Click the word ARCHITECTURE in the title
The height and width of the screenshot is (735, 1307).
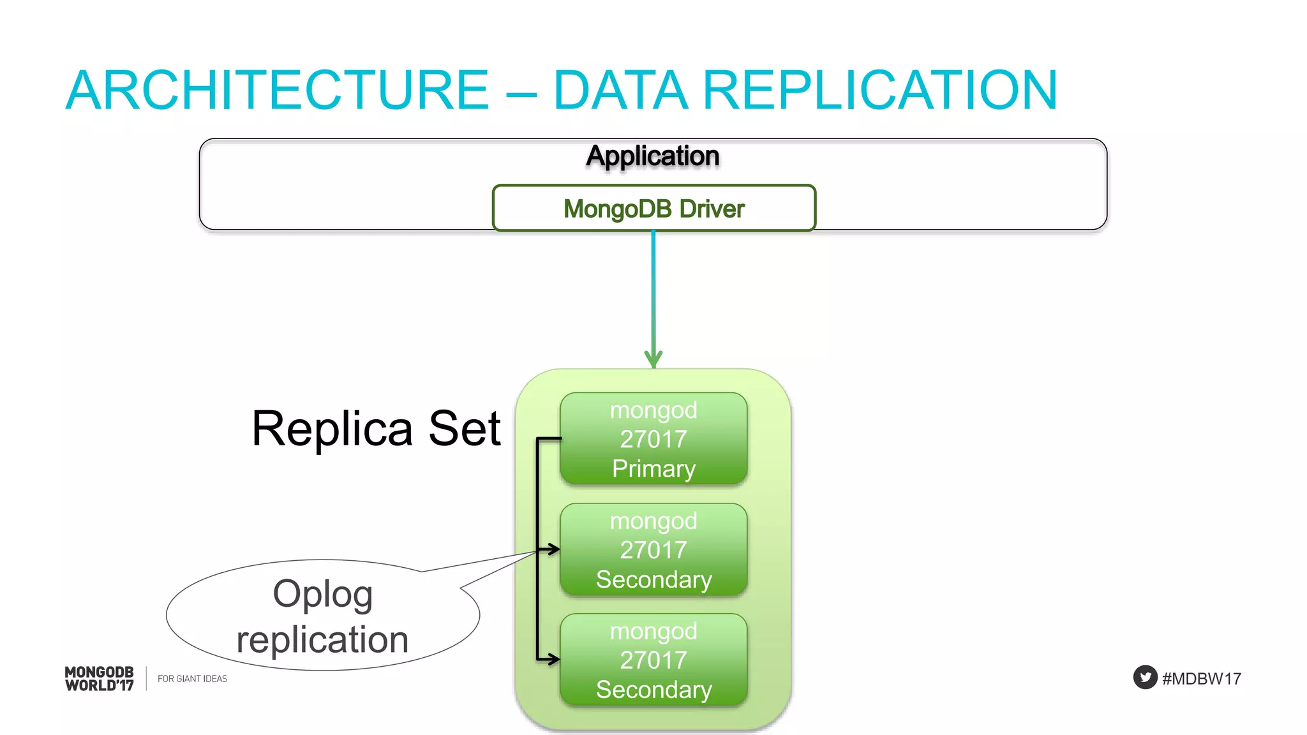(x=277, y=91)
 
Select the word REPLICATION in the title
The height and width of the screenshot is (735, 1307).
(x=880, y=91)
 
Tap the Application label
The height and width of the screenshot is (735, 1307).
(x=653, y=156)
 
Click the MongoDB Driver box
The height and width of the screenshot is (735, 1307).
(x=653, y=209)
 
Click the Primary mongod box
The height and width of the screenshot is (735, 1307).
(x=653, y=439)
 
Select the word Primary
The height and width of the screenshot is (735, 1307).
(x=653, y=469)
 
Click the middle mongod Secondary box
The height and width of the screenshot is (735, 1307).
(x=653, y=550)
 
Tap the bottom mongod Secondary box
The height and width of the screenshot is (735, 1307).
(x=653, y=660)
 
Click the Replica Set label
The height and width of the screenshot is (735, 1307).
(x=376, y=429)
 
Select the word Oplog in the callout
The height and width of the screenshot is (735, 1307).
(x=323, y=594)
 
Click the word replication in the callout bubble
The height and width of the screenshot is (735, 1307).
(x=322, y=640)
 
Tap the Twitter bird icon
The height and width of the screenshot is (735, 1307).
(x=1145, y=678)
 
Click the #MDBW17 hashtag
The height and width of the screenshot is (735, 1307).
(x=1201, y=679)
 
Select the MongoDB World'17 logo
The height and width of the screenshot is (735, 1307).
(x=100, y=679)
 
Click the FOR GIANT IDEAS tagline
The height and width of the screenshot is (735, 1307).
(x=192, y=679)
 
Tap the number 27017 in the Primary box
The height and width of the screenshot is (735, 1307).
(x=653, y=440)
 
